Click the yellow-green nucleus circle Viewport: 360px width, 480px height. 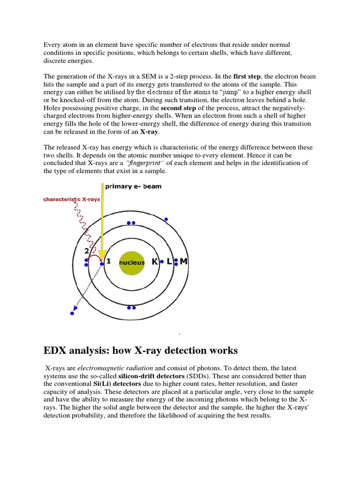[x=132, y=262]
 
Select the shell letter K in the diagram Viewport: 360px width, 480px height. [x=155, y=262]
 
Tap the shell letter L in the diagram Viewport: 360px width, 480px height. [x=169, y=262]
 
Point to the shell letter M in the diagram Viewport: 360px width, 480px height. [x=183, y=262]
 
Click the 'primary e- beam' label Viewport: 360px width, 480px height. [x=134, y=186]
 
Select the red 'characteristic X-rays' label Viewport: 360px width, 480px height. [x=72, y=199]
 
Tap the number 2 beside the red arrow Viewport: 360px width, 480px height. [x=86, y=251]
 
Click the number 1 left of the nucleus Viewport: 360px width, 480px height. [x=108, y=262]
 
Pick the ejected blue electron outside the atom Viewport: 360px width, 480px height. [x=72, y=314]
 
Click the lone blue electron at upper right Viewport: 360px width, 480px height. [x=165, y=219]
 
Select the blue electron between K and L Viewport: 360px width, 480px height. [x=162, y=262]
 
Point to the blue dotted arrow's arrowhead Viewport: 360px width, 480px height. [x=74, y=311]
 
